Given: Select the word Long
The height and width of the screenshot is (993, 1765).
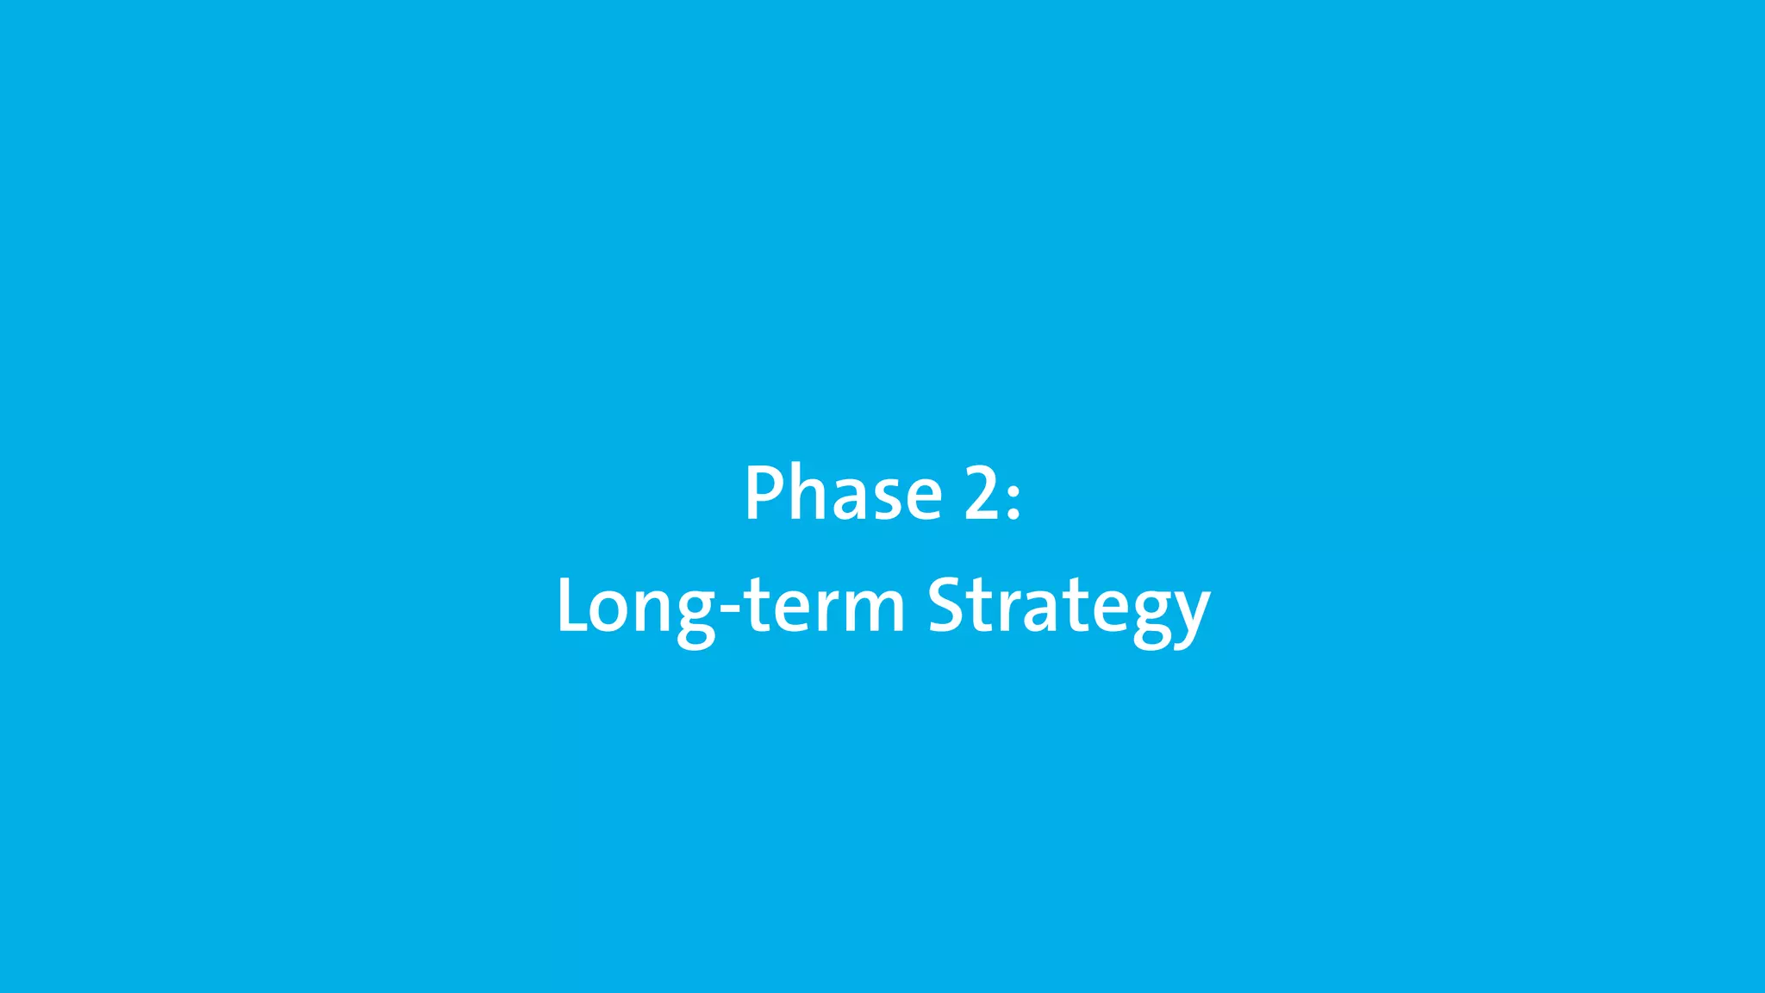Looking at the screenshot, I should point(636,607).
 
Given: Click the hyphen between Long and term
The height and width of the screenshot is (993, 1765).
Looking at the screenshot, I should point(729,610).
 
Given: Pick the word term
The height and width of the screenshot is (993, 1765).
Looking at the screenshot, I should point(824,605).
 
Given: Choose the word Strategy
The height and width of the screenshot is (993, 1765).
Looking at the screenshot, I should point(1069,607).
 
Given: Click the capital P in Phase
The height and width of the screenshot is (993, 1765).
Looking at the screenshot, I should point(763,493).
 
